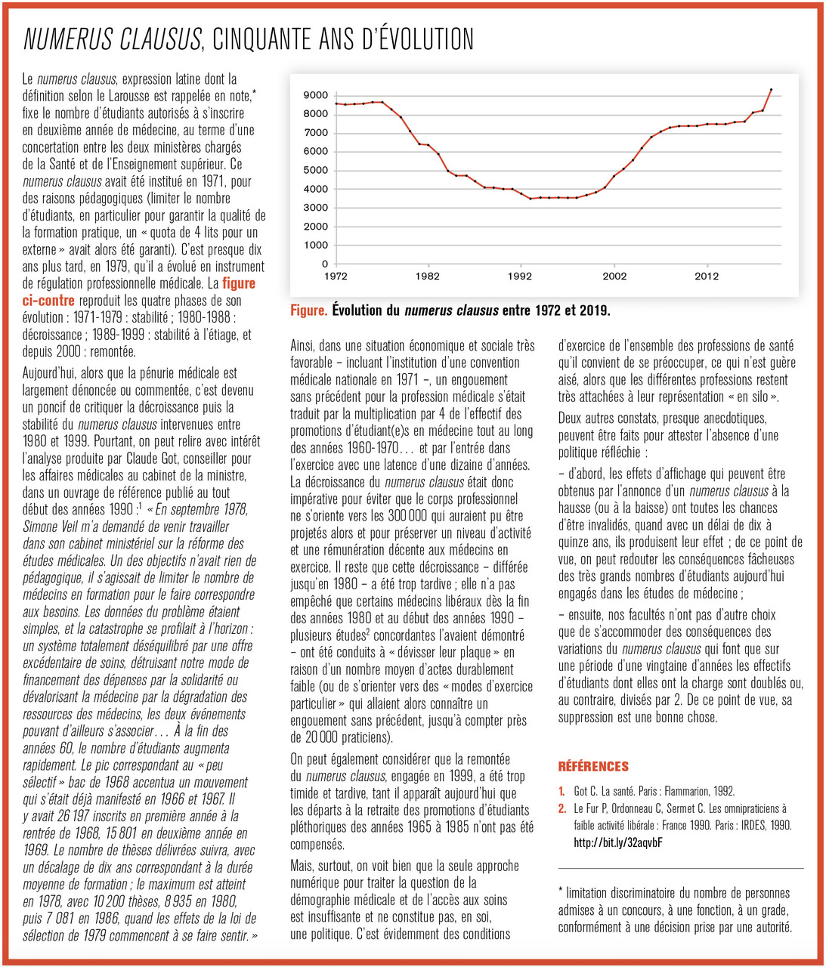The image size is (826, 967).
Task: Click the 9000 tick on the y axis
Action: click(x=315, y=95)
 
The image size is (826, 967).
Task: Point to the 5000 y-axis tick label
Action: click(x=315, y=170)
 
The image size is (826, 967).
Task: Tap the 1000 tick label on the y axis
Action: click(x=315, y=245)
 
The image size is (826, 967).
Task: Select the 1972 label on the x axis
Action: click(x=336, y=277)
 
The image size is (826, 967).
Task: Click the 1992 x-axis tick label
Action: click(x=520, y=277)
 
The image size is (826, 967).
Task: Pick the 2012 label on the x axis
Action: click(x=707, y=277)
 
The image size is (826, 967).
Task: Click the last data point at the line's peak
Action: click(x=771, y=89)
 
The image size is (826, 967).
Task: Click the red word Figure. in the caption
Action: click(x=309, y=310)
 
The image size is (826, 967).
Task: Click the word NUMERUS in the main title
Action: click(x=69, y=39)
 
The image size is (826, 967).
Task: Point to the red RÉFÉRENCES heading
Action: click(x=593, y=766)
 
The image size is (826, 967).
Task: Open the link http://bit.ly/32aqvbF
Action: click(x=618, y=842)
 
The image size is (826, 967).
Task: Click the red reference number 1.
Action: click(x=561, y=791)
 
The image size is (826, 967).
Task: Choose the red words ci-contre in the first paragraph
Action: click(x=48, y=301)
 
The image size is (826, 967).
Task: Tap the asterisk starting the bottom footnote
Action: click(x=561, y=893)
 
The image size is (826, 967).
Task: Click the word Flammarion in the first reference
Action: click(x=685, y=791)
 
